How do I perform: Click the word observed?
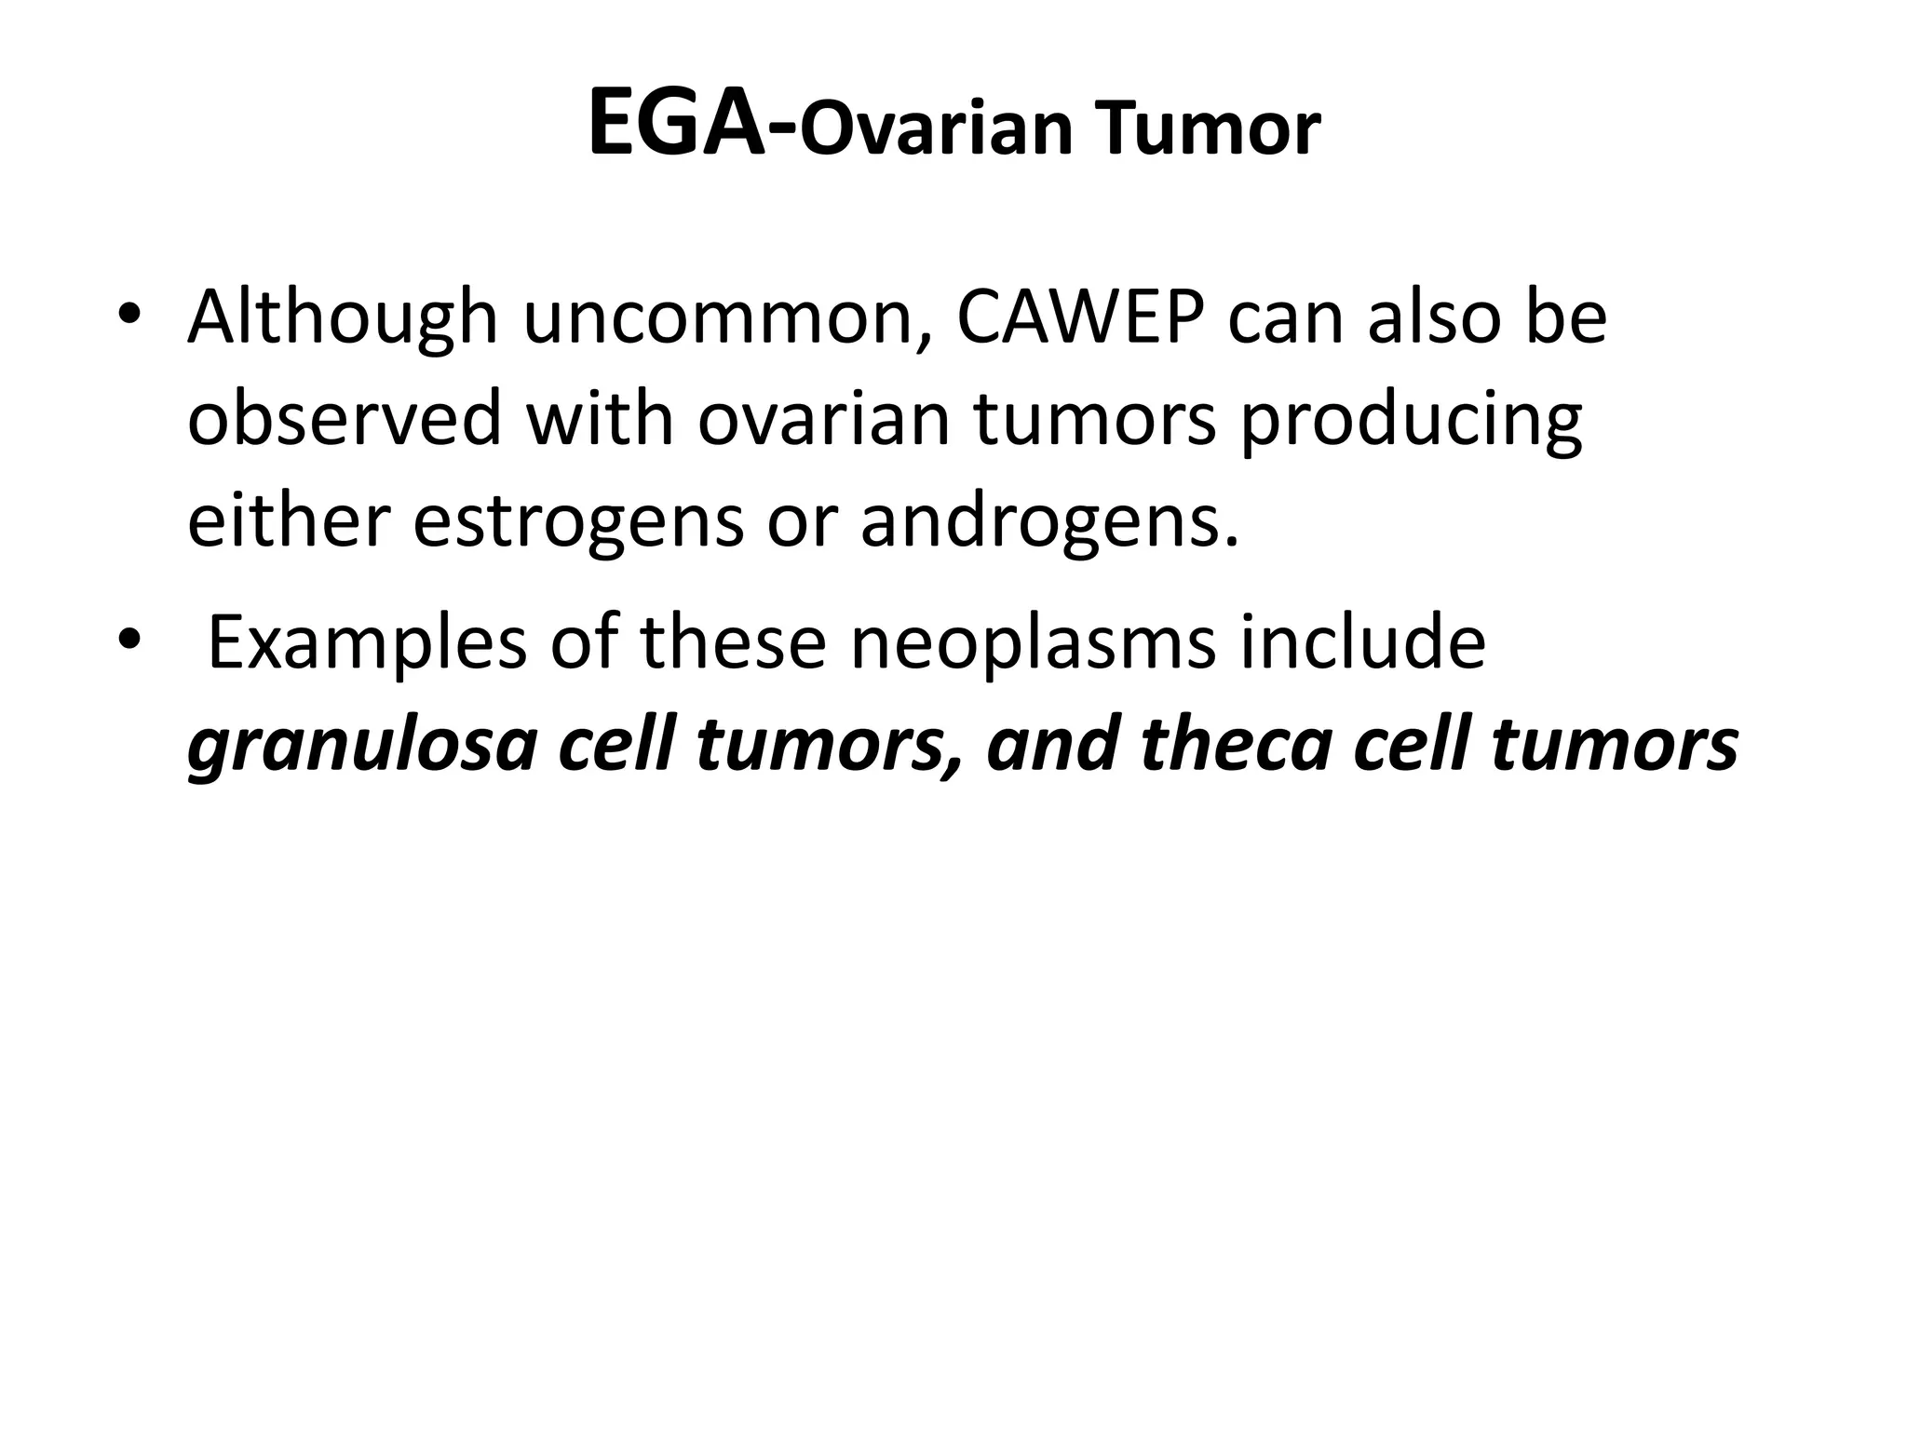(345, 418)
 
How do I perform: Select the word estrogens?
(577, 522)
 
